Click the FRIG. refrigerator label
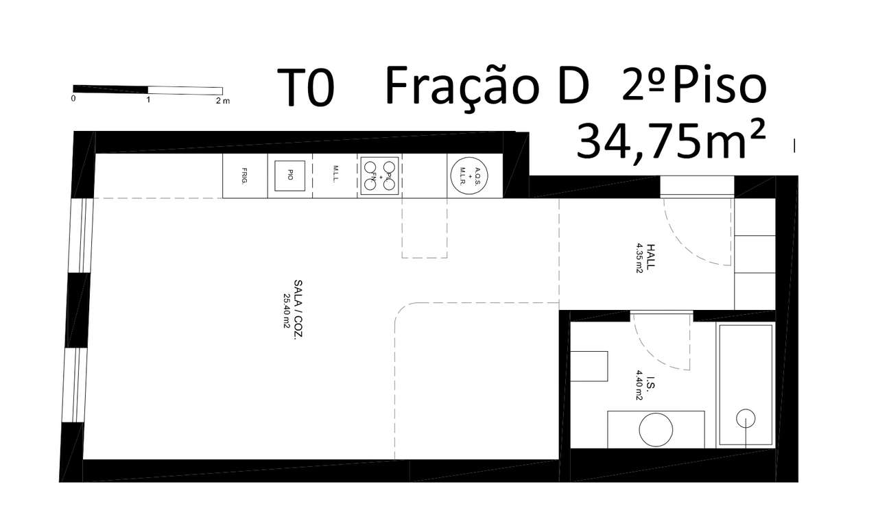pyautogui.click(x=244, y=176)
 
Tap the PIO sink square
pyautogui.click(x=290, y=176)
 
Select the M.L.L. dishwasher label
pyautogui.click(x=335, y=176)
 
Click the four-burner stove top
pyautogui.click(x=380, y=176)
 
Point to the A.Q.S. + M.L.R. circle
pyautogui.click(x=468, y=176)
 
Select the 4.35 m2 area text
pyautogui.click(x=639, y=257)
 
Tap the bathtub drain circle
pyautogui.click(x=745, y=418)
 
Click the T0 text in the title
pyautogui.click(x=306, y=88)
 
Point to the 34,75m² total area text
pyautogui.click(x=670, y=141)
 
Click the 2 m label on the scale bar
pyautogui.click(x=222, y=100)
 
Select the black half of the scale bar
pyautogui.click(x=110, y=89)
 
